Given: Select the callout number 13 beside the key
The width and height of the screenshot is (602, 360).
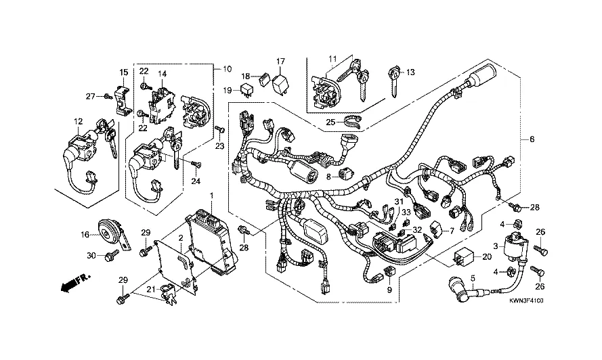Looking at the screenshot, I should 410,72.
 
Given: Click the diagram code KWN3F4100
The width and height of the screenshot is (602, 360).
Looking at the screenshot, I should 525,300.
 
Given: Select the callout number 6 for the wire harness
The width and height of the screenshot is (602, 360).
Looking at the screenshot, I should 532,139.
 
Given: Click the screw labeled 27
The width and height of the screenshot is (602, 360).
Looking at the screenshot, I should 108,97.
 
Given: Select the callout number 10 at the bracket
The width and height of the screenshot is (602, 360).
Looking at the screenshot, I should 227,68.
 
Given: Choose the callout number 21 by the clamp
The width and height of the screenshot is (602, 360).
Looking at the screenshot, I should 152,290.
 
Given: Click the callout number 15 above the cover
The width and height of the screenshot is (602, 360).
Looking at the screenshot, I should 124,72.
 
